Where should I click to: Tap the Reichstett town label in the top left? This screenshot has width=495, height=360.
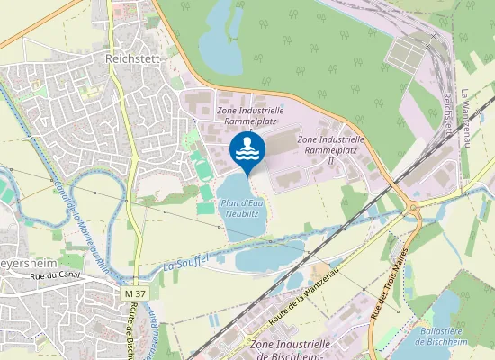(131, 57)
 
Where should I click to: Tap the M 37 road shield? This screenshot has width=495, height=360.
(134, 295)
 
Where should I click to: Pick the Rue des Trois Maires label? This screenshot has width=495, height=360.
(390, 284)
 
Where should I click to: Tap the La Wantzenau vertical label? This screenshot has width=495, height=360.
(464, 117)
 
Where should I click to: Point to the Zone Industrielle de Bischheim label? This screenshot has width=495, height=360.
(290, 349)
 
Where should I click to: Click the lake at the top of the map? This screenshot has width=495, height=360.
(220, 36)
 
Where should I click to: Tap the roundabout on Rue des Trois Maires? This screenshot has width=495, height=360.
(414, 212)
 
